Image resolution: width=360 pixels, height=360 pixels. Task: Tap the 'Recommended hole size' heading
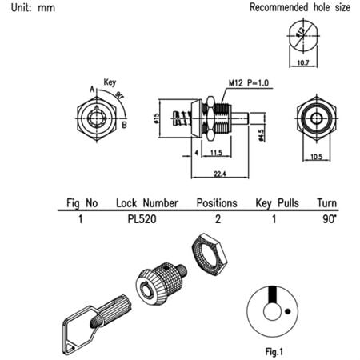[x=300, y=8]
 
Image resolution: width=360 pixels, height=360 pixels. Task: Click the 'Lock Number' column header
[x=146, y=203]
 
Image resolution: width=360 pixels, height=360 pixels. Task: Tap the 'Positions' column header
[x=217, y=203]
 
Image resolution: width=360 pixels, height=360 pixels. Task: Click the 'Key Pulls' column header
[x=277, y=203]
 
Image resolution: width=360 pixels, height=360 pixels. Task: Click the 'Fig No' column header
[x=81, y=203]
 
